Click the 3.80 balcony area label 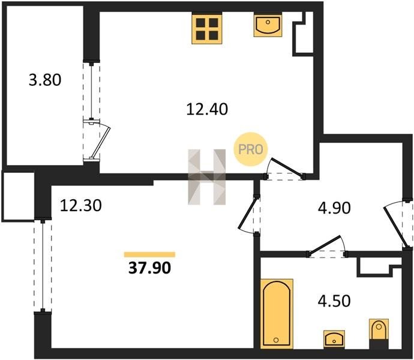point(45,80)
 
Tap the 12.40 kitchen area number point(207,109)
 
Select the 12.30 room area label point(81,205)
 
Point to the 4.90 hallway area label point(334,208)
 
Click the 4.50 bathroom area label point(334,301)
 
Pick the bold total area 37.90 point(150,268)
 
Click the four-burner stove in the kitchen point(207,29)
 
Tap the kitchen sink point(268,25)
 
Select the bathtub point(277,314)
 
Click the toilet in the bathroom point(379,334)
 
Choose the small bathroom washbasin point(334,338)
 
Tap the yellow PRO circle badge point(251,149)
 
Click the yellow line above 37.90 point(150,254)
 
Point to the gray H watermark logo point(207,177)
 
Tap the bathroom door point(327,246)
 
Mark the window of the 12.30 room point(43,266)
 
